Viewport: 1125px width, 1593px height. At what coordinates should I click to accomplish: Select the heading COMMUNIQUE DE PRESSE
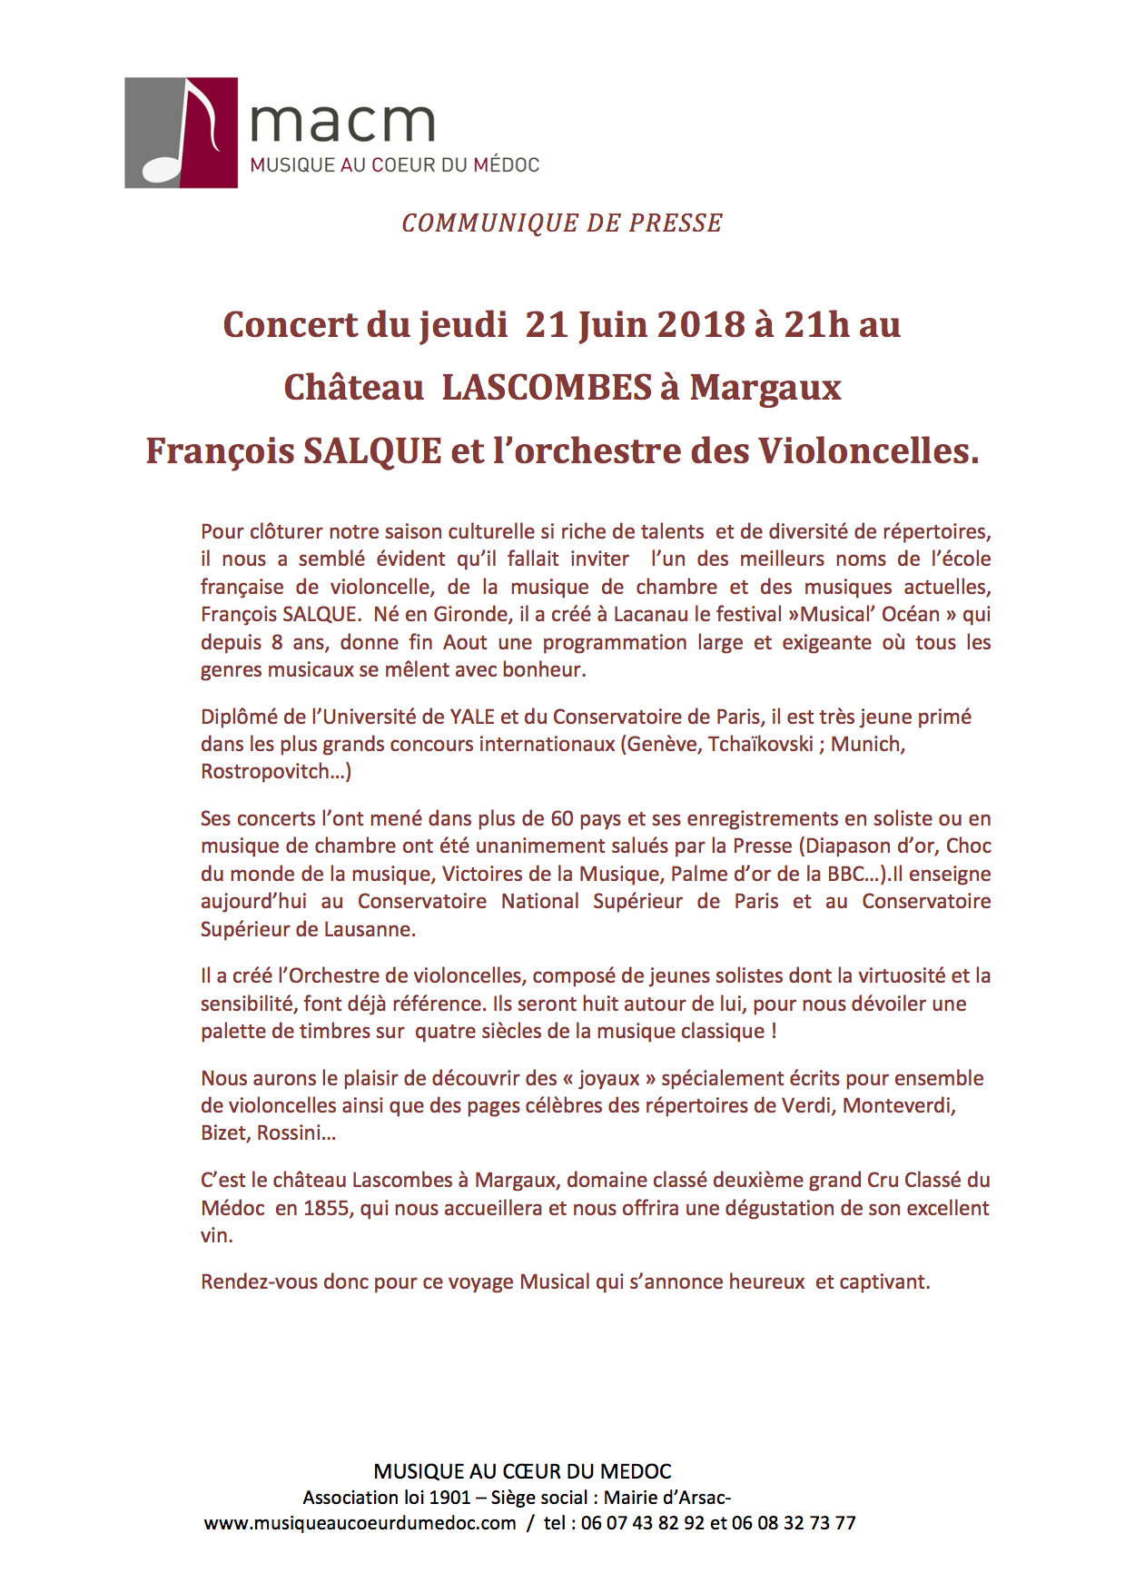[562, 223]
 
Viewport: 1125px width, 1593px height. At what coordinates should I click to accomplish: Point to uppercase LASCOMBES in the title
[547, 388]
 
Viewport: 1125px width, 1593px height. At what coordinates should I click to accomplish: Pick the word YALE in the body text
[472, 717]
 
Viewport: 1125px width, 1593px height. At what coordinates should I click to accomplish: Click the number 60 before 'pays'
[562, 818]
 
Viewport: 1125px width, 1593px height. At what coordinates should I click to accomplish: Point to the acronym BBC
[845, 874]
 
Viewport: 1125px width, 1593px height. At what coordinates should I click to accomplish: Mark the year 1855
[326, 1208]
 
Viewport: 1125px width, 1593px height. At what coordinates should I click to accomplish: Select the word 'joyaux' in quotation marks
[608, 1078]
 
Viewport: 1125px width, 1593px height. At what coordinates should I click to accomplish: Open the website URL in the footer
[360, 1523]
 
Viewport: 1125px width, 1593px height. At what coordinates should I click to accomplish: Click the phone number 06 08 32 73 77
[794, 1523]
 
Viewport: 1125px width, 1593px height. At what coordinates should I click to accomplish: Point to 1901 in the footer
[449, 1498]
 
